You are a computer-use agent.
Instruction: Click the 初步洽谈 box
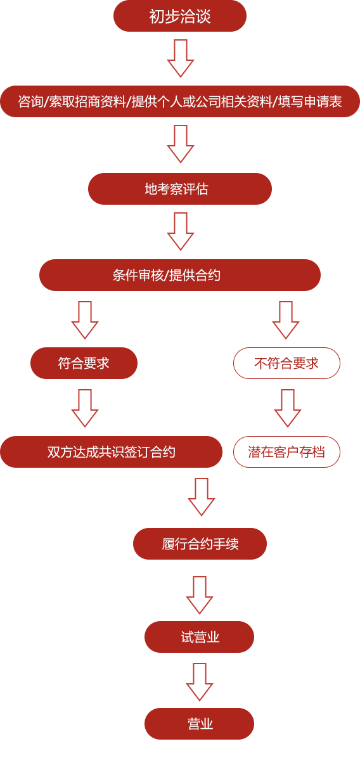(x=180, y=16)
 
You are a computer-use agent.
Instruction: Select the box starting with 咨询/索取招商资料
(x=180, y=101)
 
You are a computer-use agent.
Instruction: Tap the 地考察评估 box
(x=180, y=189)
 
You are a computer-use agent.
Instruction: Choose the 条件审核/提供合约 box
(x=180, y=275)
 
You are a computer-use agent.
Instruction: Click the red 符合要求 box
(x=84, y=363)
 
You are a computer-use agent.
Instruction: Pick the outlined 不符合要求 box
(x=286, y=363)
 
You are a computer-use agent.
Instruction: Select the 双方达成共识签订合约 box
(x=111, y=452)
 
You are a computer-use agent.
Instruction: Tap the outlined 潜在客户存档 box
(x=286, y=452)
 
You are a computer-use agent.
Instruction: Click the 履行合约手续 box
(x=200, y=544)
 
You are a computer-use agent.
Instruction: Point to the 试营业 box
(x=199, y=637)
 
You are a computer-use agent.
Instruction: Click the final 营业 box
(x=199, y=724)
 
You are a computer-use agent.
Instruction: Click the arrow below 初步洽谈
(x=181, y=58)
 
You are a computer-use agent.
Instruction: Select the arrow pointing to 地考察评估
(x=181, y=144)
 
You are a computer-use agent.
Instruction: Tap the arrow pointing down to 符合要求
(x=85, y=320)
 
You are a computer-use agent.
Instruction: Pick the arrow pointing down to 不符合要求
(x=286, y=320)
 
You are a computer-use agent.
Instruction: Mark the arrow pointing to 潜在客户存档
(x=288, y=408)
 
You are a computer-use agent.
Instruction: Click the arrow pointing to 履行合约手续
(x=202, y=497)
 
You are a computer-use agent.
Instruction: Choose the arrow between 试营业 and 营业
(x=200, y=682)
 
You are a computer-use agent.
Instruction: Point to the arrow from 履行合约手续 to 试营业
(x=200, y=595)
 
